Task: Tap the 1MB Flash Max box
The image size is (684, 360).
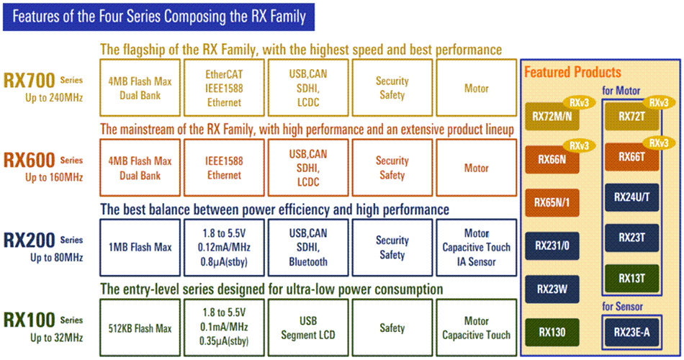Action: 141,248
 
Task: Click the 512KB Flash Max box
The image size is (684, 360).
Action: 141,328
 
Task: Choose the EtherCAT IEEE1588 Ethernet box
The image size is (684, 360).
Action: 224,89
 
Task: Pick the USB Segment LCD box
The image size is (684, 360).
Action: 308,328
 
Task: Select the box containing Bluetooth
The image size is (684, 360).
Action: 308,248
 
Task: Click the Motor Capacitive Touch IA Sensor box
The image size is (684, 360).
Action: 476,248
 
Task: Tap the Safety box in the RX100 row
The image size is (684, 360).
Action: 392,328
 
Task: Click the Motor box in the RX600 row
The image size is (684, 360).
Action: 476,168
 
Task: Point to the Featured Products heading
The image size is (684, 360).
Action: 572,73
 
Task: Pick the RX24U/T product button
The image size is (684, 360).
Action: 632,197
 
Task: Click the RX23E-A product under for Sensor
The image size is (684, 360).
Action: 632,333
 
